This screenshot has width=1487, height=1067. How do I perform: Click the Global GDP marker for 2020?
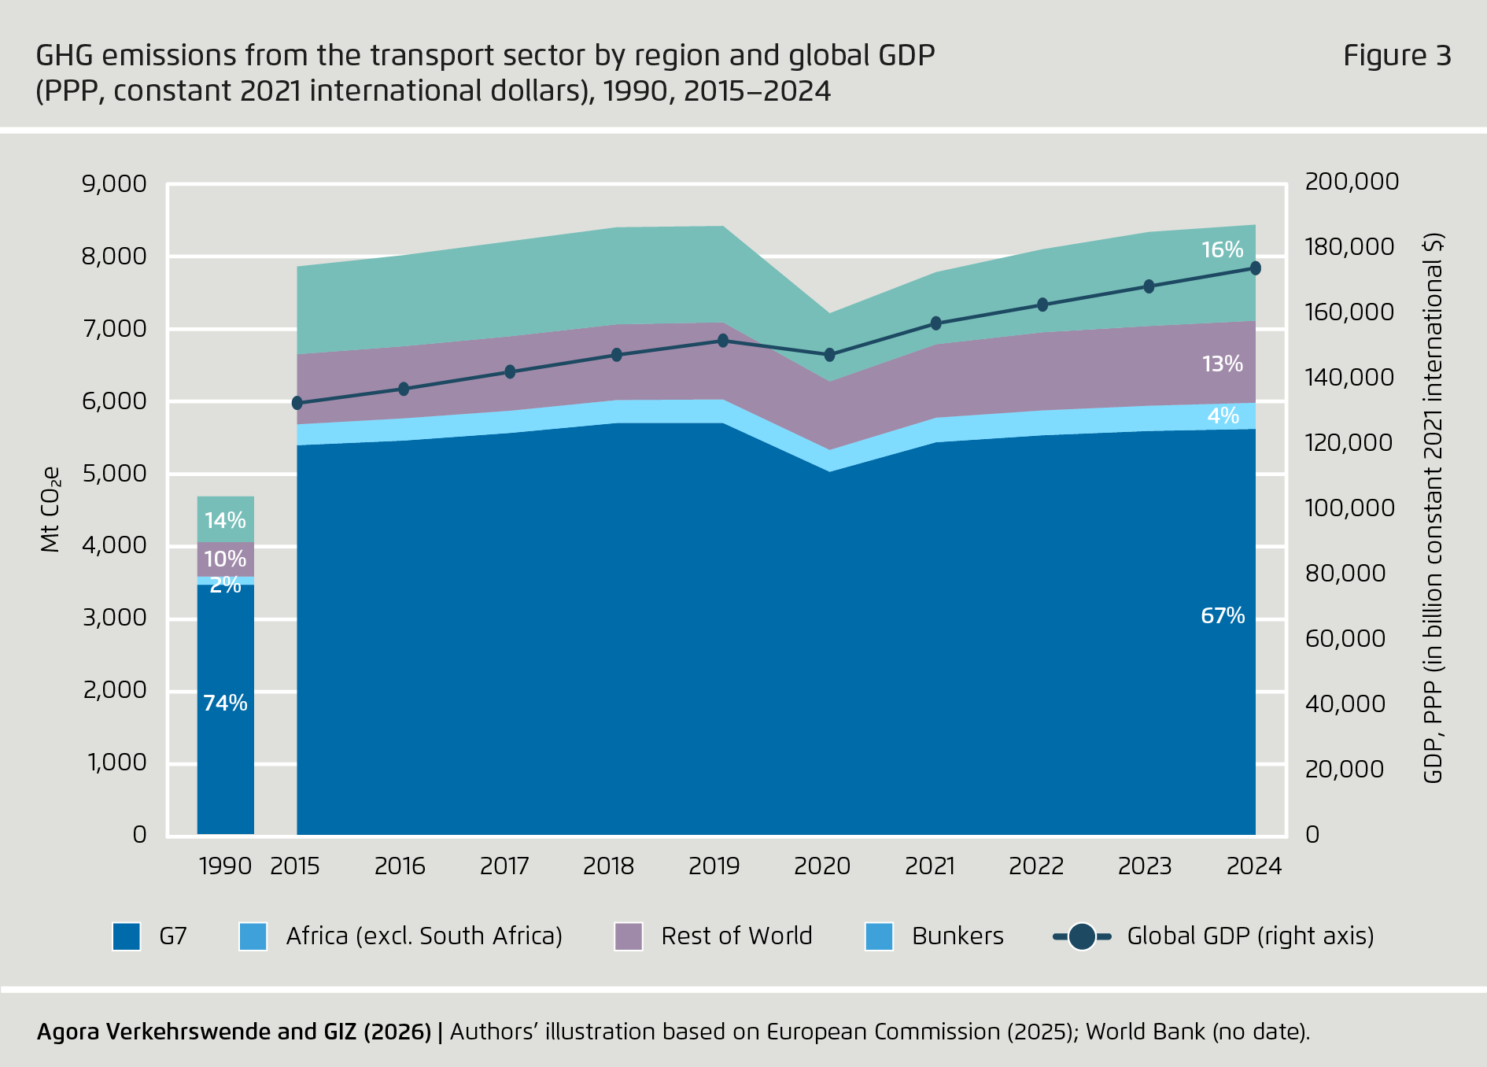[x=829, y=355]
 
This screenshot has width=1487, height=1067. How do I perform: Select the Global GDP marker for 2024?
[x=1255, y=268]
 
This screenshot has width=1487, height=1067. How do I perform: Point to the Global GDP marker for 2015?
[x=297, y=403]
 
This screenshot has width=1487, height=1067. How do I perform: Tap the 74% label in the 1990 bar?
[x=225, y=703]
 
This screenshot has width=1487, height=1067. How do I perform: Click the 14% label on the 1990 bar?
[x=225, y=520]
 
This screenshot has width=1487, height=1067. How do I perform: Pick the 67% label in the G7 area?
[x=1223, y=615]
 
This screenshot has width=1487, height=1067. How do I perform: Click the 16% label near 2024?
[x=1222, y=249]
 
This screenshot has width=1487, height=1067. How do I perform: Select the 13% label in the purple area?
[x=1222, y=364]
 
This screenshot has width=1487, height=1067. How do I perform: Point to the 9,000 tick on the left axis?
[x=114, y=183]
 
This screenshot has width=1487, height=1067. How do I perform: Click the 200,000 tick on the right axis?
[x=1351, y=181]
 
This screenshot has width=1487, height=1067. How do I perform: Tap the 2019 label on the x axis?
[x=714, y=866]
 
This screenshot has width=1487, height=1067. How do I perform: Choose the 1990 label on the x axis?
[x=225, y=866]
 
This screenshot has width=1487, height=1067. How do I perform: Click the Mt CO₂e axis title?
[x=50, y=510]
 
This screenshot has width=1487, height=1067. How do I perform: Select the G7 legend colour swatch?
[x=127, y=936]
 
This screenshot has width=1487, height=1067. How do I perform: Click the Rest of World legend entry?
[x=736, y=936]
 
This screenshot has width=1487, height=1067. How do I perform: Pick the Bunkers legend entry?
[x=957, y=936]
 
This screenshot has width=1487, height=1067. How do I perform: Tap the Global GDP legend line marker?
[x=1082, y=936]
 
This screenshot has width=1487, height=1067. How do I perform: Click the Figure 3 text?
[x=1397, y=55]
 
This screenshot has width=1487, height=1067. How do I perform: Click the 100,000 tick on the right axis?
[x=1349, y=508]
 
